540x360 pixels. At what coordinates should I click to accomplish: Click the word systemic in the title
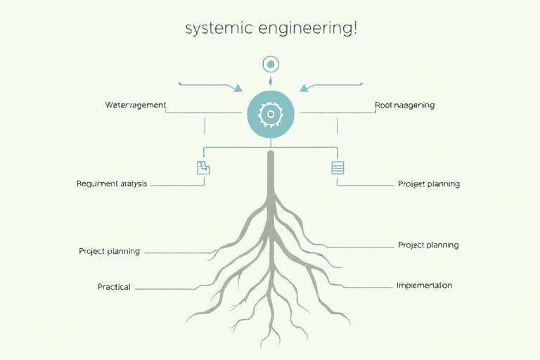coord(210,30)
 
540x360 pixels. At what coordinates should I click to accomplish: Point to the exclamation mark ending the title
coord(354,29)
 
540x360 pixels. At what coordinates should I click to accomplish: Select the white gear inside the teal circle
coord(270,114)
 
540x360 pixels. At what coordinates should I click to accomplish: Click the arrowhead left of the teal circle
coord(238,88)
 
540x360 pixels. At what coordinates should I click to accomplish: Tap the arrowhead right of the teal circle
coord(303,88)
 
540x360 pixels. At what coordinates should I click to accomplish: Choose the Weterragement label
coord(135,105)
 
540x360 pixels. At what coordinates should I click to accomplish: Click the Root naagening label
coord(404,105)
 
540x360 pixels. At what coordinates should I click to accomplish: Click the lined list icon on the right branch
coord(337,167)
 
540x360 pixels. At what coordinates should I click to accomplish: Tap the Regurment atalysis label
coord(112,184)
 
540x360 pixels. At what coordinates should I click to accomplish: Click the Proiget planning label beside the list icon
coord(428,184)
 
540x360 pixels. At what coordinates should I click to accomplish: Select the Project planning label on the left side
coord(109,251)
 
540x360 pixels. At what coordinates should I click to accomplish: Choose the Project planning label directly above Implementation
coord(427,245)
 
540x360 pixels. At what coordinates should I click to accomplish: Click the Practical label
coord(114,287)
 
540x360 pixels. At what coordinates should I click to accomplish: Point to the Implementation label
coord(424,285)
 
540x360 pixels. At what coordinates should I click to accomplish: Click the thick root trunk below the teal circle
coord(270,176)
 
